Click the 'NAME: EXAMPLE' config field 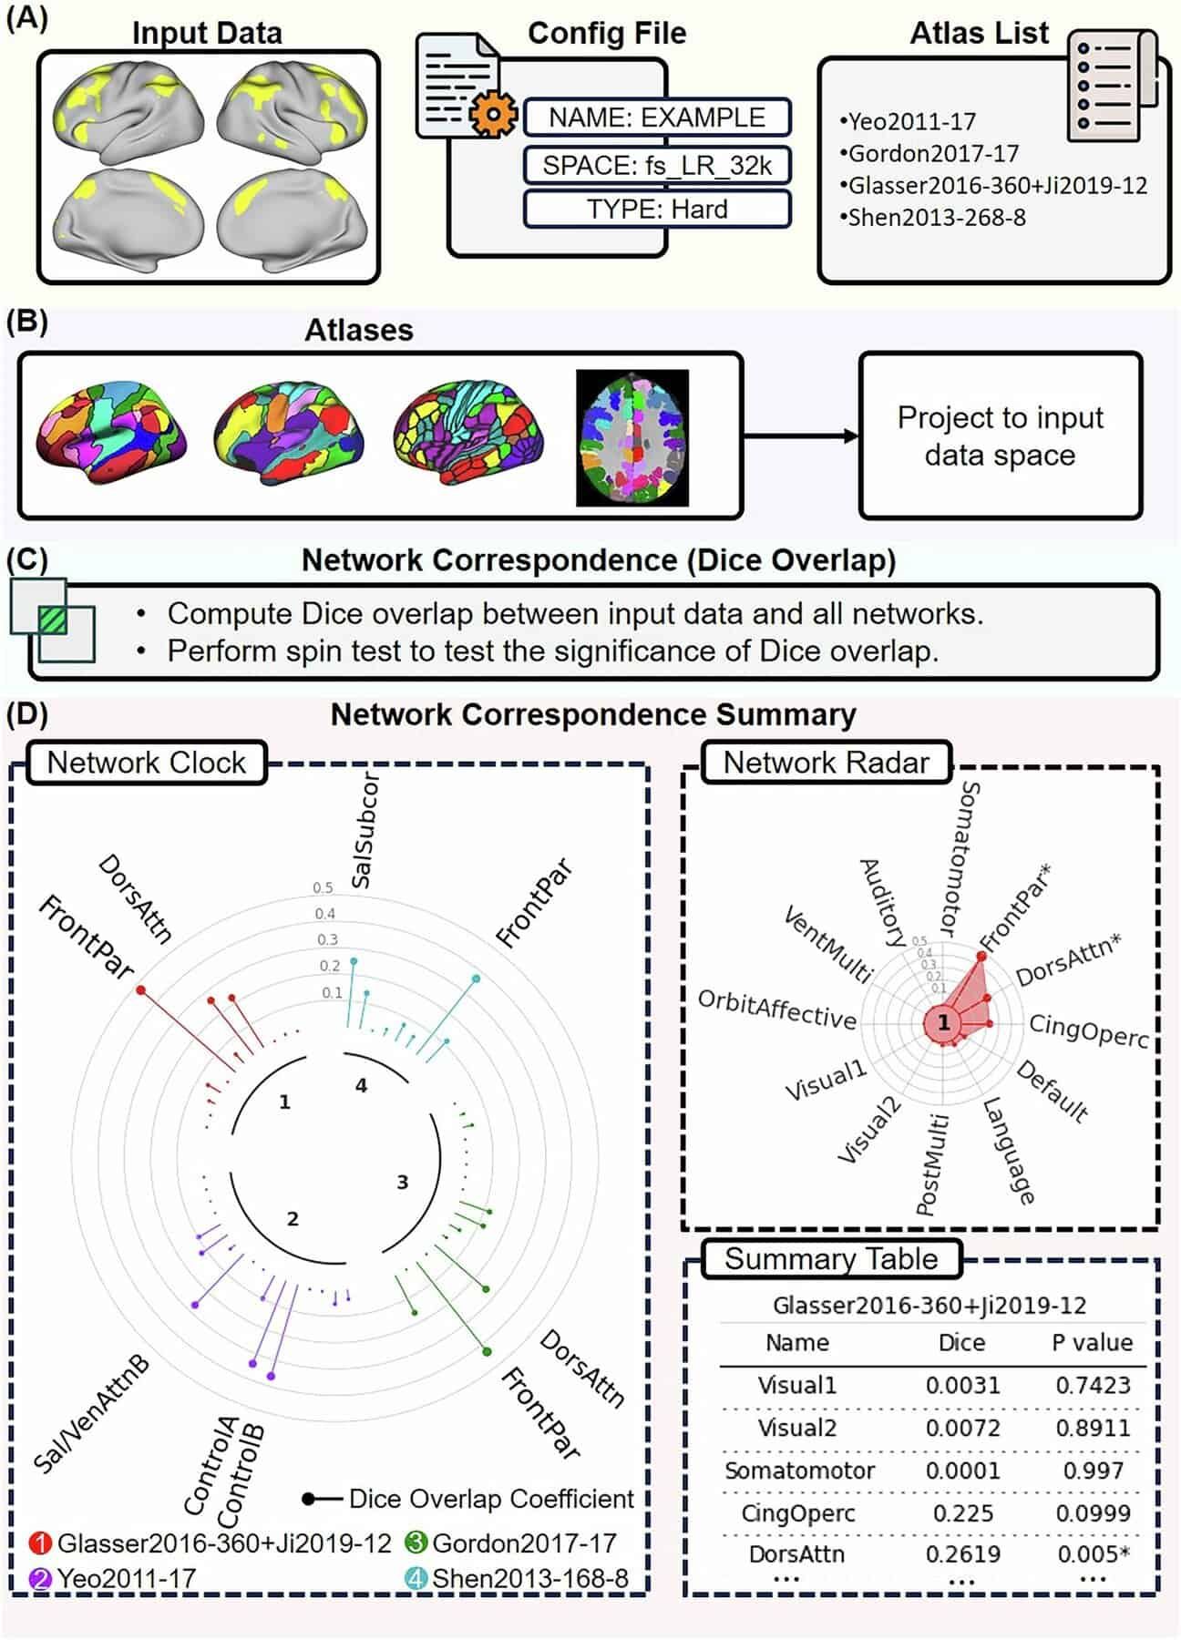point(656,118)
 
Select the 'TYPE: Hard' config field point(656,210)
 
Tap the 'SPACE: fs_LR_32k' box point(656,165)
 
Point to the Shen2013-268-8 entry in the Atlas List point(936,218)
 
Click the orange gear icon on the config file point(492,114)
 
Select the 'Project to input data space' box point(1000,436)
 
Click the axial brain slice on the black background point(632,437)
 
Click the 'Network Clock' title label point(146,763)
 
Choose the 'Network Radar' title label point(826,763)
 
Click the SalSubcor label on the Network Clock point(365,831)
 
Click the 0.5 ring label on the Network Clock point(323,887)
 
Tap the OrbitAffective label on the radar point(776,1010)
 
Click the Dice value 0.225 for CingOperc point(962,1513)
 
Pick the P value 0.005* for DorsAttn point(1094,1554)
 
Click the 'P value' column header point(1092,1343)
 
